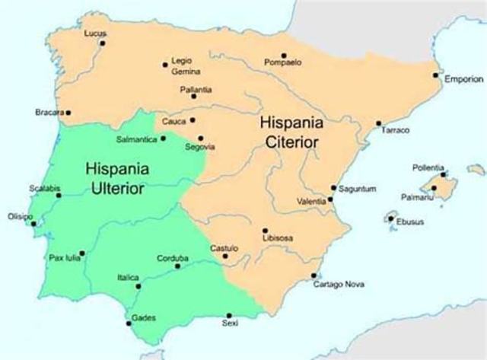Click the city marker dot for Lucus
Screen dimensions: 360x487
[x=102, y=43]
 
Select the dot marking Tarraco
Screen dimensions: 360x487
[x=378, y=123]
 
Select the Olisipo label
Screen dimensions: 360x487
[x=20, y=217]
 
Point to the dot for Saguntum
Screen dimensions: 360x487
[x=333, y=187]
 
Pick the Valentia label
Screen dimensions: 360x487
[x=311, y=201]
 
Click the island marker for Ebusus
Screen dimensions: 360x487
[x=391, y=219]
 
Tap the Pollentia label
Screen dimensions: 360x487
[x=426, y=167]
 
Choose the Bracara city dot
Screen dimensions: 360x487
[x=68, y=113]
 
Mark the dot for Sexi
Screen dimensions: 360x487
[x=229, y=315]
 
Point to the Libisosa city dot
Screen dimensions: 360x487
[x=265, y=230]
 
